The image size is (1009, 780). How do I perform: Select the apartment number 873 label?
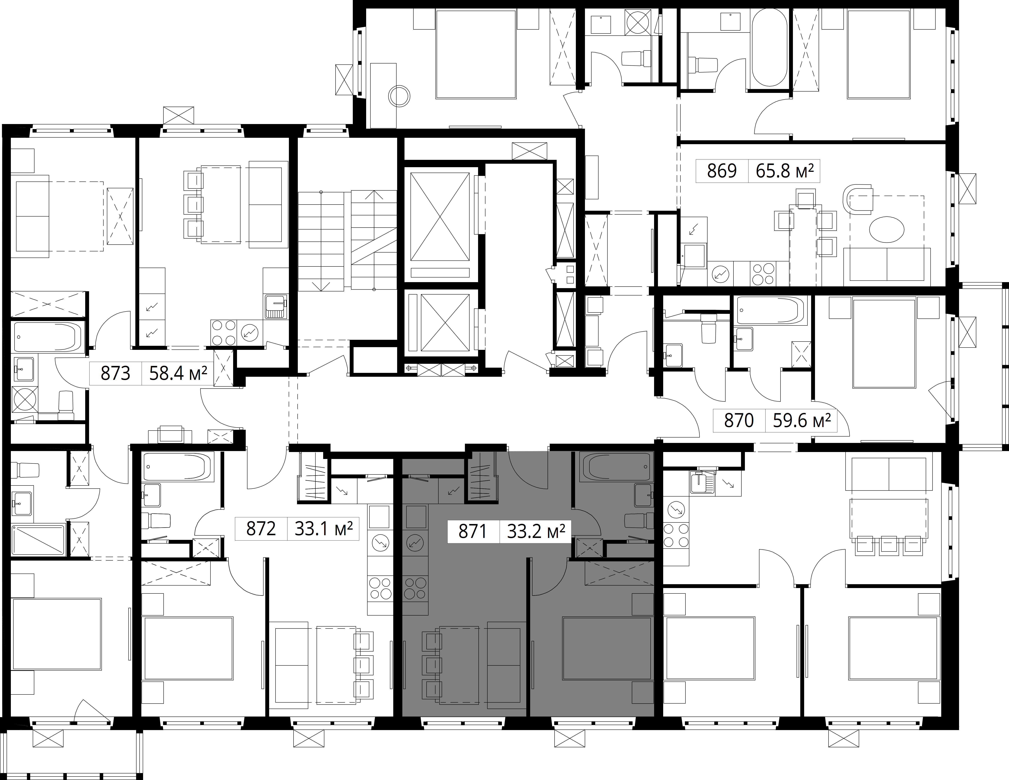[x=115, y=373]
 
